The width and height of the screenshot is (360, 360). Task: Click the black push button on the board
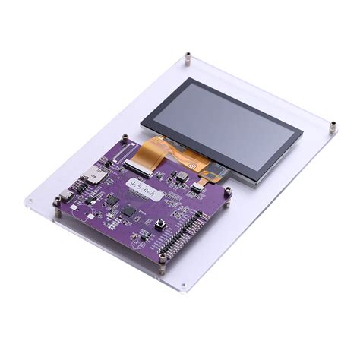click(x=160, y=224)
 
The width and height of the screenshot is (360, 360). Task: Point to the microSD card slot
click(x=97, y=175)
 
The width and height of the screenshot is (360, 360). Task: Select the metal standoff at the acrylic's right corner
click(x=333, y=125)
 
